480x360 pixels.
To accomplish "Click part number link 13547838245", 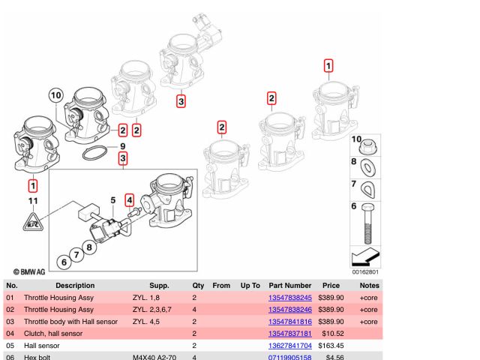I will [289, 298].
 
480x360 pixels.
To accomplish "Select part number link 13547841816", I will [289, 322].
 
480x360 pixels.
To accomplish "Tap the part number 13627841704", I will [289, 346].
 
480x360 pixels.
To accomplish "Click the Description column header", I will [69, 286].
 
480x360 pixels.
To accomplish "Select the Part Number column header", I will [289, 286].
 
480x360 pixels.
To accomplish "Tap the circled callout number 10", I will [56, 95].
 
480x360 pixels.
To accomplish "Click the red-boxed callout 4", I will [129, 200].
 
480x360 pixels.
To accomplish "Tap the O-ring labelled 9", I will [93, 154].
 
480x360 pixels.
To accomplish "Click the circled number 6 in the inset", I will [64, 262].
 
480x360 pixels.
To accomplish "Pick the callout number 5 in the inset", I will [113, 200].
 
